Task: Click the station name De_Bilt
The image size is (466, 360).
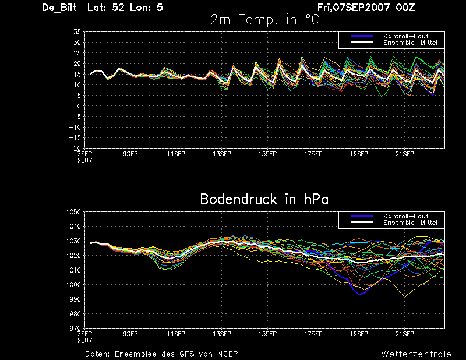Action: point(59,8)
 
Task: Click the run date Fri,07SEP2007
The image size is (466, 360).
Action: point(354,8)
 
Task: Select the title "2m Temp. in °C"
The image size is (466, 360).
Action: point(265,20)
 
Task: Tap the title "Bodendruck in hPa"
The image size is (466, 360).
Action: point(264,199)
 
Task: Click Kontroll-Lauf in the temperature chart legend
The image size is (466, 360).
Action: point(405,36)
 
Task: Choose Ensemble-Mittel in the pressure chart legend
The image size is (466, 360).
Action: point(410,223)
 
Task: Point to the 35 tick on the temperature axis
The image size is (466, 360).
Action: point(77,32)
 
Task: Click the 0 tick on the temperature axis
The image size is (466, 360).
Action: point(79,106)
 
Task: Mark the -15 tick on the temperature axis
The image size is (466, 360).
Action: point(75,138)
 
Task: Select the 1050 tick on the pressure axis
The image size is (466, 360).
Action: point(74,212)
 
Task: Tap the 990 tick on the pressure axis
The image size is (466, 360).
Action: point(76,299)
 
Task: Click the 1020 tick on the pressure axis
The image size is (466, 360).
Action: point(74,256)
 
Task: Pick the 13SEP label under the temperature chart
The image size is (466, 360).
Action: point(222,154)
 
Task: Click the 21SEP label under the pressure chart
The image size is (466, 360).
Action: point(404,334)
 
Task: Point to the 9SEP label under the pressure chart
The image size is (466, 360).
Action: point(130,334)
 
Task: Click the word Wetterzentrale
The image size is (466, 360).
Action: point(416,354)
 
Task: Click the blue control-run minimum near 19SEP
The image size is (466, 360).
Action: point(359,294)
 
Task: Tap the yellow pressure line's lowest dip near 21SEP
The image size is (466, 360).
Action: point(404,297)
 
